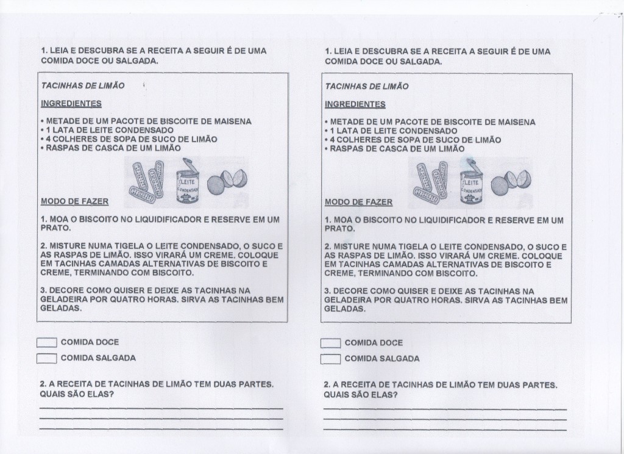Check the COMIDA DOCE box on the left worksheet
point(47,343)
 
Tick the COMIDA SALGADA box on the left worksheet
point(47,358)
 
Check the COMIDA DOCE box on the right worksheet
point(331,344)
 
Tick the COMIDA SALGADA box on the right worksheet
point(331,359)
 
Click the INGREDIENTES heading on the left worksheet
point(71,104)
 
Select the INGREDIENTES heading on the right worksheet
point(355,104)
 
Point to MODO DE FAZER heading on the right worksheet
point(358,202)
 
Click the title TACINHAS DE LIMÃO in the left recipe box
point(82,86)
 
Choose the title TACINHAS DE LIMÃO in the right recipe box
point(366,87)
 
